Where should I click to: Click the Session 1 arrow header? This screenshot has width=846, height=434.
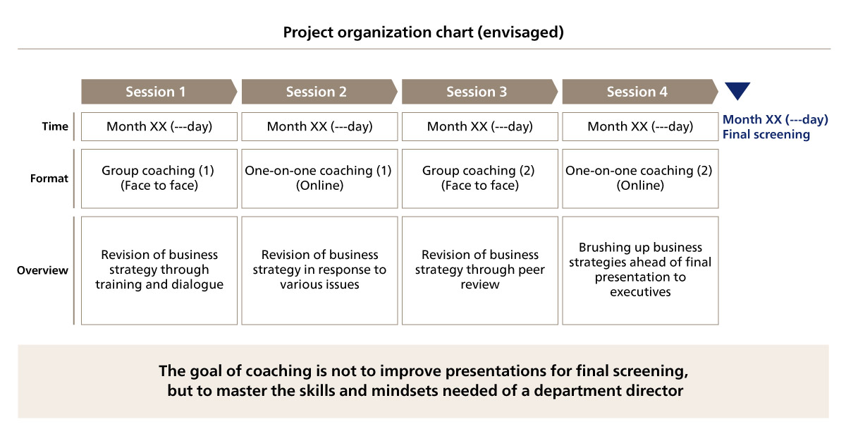159,92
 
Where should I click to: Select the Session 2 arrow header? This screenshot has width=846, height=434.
319,92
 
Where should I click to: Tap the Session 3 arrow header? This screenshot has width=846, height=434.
479,92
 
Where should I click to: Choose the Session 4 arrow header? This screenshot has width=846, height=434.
640,92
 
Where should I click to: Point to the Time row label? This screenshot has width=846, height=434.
55,126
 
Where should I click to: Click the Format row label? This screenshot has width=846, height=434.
49,179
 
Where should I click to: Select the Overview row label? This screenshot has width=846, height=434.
43,270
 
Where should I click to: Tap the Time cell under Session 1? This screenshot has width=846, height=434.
159,126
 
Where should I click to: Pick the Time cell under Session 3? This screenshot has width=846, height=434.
479,126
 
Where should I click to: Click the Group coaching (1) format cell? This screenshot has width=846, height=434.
159,179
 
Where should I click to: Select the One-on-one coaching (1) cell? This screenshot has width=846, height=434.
319,179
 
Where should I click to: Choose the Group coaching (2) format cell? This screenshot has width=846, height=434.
479,179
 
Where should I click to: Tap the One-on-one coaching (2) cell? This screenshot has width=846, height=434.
640,179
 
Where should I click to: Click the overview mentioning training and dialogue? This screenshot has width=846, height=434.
159,270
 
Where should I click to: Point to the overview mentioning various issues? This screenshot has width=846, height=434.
319,270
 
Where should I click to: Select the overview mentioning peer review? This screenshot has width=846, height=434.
479,270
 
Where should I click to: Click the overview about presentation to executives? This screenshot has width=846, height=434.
640,270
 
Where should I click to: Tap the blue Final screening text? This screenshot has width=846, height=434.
766,134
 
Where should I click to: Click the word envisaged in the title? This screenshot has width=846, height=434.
520,32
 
